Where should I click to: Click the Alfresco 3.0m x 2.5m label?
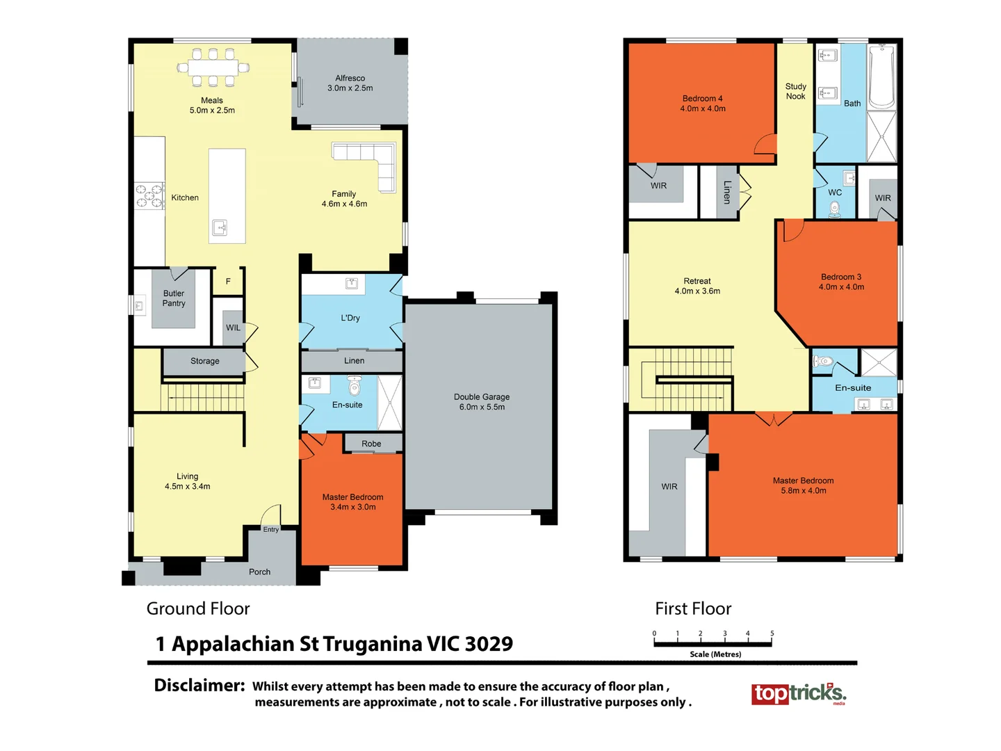(x=350, y=83)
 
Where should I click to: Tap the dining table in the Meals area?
(x=213, y=67)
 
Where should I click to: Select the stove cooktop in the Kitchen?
(x=149, y=195)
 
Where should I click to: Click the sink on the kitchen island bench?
(x=220, y=227)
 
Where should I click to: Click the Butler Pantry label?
(x=174, y=298)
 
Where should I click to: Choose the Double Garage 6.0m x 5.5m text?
(x=482, y=402)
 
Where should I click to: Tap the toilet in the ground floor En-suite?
(x=355, y=385)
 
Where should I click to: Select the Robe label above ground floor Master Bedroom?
(x=371, y=444)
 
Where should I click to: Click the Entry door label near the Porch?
(x=271, y=529)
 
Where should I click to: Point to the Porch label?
(x=259, y=572)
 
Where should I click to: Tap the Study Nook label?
(x=795, y=91)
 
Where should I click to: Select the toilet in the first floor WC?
(x=835, y=208)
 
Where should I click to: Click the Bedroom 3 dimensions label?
(x=841, y=287)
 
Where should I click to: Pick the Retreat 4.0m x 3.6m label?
(x=697, y=286)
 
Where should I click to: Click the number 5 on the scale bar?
(x=772, y=633)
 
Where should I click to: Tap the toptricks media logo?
(x=799, y=693)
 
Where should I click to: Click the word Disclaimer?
(x=199, y=686)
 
